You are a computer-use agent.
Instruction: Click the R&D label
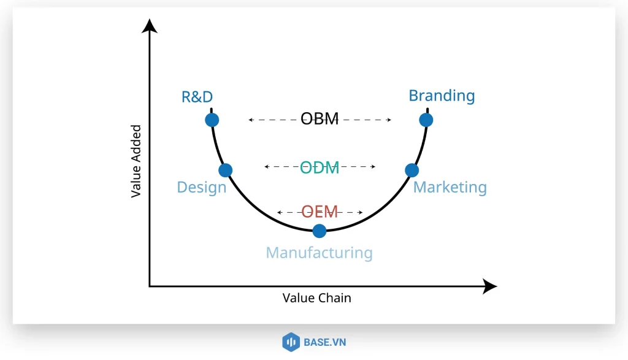[197, 96]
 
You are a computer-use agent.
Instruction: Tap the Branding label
[442, 96]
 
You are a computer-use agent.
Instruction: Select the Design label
[201, 187]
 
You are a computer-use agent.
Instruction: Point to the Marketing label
[450, 187]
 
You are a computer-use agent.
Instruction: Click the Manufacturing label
[319, 253]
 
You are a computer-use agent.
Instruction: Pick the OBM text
[320, 119]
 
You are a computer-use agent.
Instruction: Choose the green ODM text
[320, 167]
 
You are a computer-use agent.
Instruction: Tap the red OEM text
[320, 212]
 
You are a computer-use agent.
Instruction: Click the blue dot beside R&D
[212, 120]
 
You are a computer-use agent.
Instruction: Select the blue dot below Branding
[426, 120]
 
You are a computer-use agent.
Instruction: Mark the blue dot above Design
[225, 170]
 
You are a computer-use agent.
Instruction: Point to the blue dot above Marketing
[412, 170]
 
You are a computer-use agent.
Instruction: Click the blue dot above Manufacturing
[319, 231]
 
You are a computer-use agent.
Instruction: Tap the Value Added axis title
[136, 161]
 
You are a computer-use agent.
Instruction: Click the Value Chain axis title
[316, 298]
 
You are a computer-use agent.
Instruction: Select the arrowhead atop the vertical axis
[149, 26]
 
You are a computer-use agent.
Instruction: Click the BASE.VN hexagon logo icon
[290, 342]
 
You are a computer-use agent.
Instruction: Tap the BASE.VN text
[324, 342]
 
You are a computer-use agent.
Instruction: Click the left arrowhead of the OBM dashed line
[251, 120]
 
